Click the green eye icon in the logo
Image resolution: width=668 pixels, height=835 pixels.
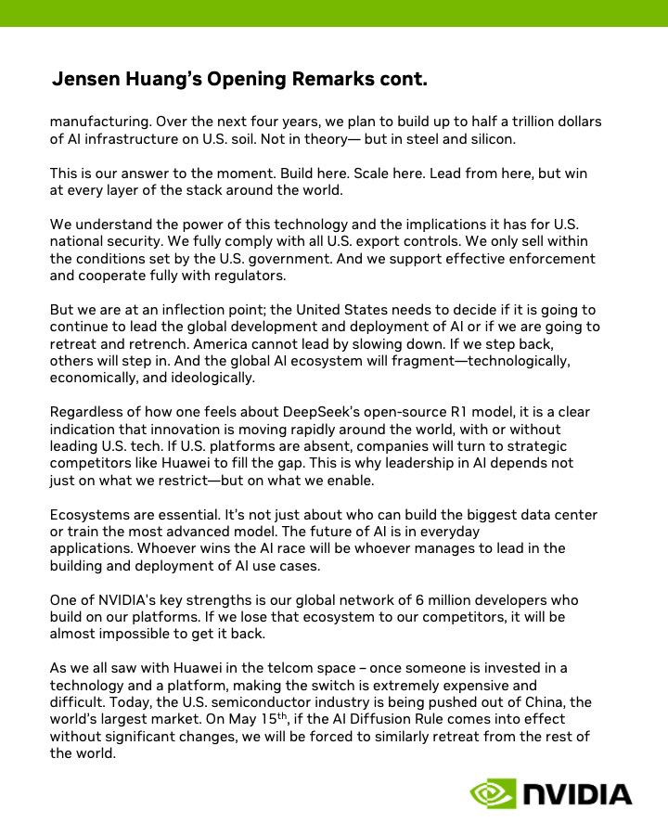tap(493, 794)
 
